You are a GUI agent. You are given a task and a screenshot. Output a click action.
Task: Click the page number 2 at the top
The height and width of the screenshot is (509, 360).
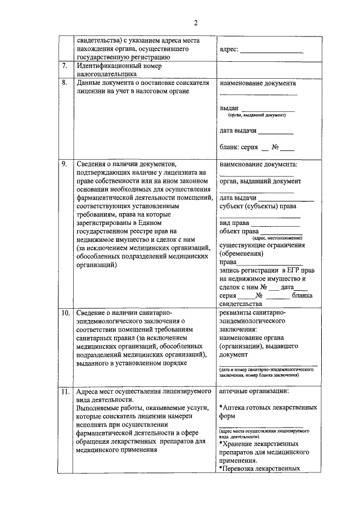point(195,22)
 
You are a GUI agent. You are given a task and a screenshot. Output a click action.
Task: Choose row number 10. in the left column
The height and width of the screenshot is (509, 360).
point(66,312)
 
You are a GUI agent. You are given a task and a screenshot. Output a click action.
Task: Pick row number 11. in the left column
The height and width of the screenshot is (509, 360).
point(66,390)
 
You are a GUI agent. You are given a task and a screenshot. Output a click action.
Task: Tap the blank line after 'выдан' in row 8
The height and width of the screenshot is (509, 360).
point(268,109)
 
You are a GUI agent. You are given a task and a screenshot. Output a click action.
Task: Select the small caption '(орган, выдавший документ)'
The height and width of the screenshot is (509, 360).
point(256,115)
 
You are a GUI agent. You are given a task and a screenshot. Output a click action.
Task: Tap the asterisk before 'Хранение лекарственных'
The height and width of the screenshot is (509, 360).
point(222,444)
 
